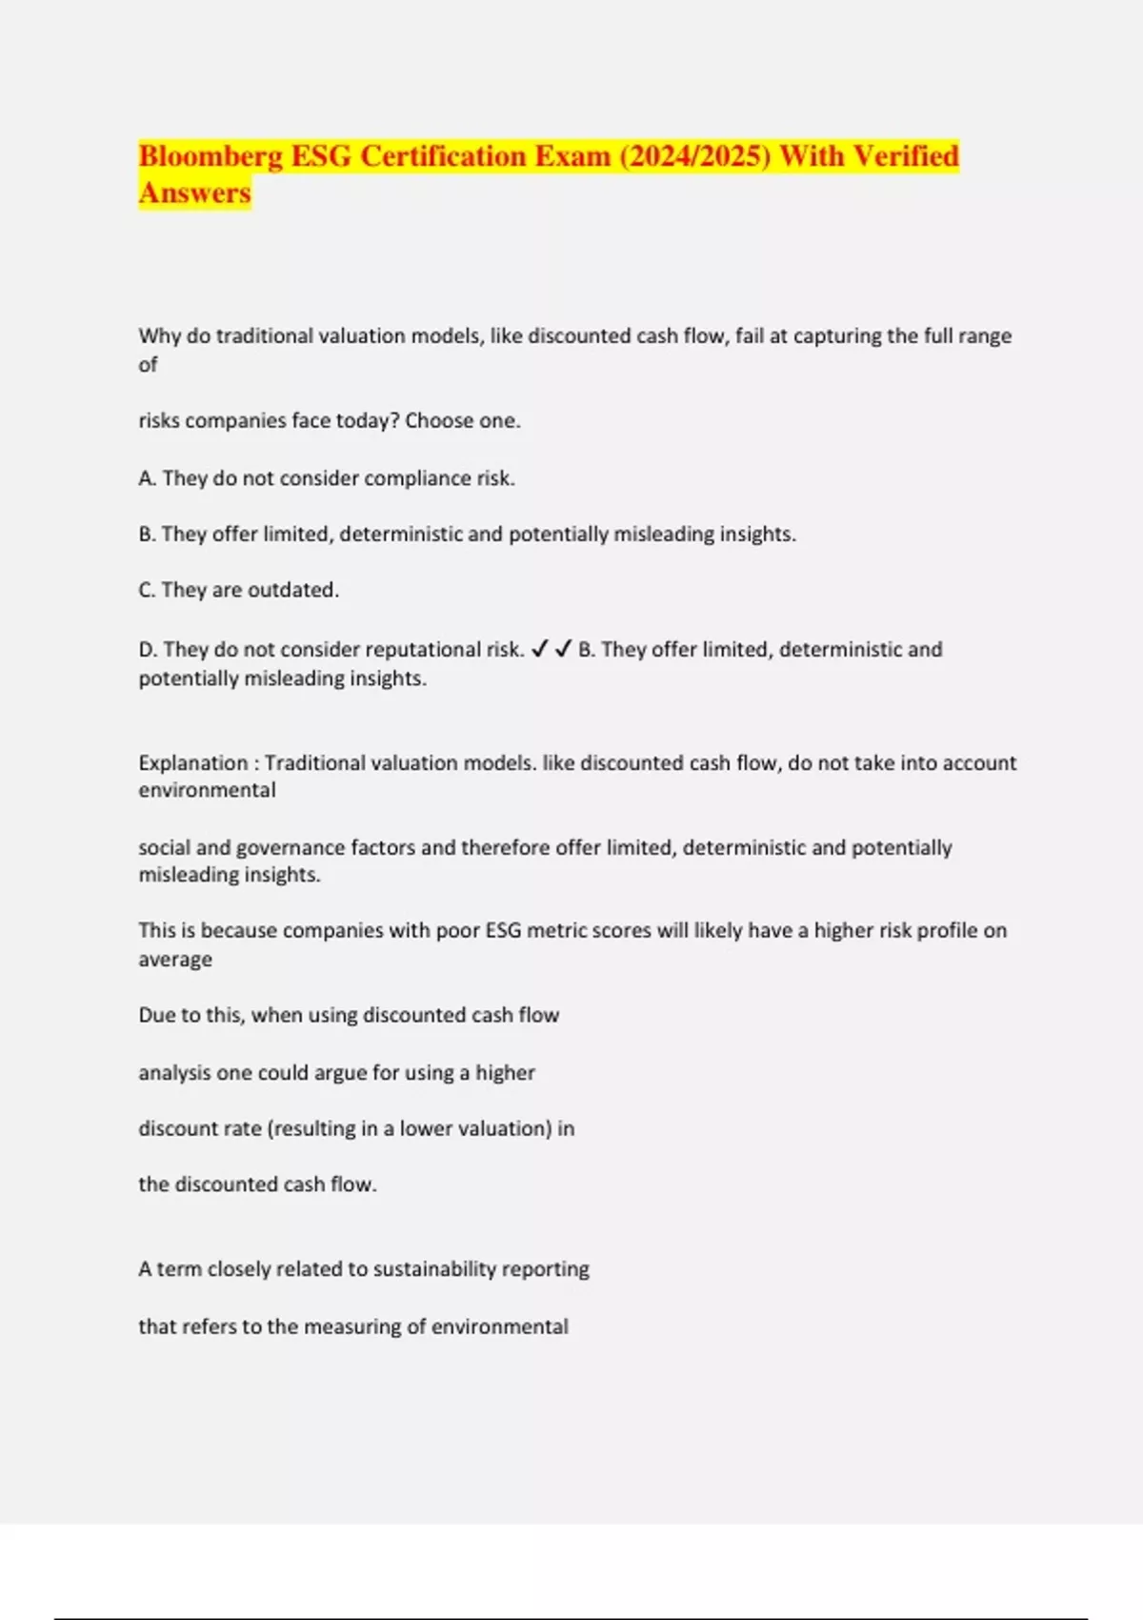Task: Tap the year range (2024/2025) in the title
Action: (x=694, y=156)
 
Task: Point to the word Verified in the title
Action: (x=906, y=156)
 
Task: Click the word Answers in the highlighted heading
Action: (x=195, y=192)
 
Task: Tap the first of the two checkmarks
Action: (x=539, y=649)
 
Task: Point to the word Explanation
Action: (x=192, y=762)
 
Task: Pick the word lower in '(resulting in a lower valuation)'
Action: (x=425, y=1128)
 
